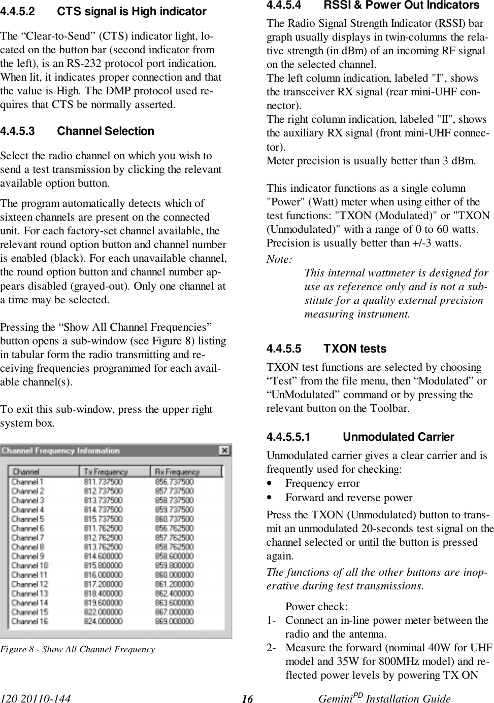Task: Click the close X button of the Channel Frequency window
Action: [224, 450]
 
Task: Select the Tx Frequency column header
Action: [106, 472]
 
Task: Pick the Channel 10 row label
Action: [29, 565]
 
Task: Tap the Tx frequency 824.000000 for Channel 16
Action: [103, 621]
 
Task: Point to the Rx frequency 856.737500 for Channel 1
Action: [174, 482]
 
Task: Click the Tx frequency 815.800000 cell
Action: [103, 565]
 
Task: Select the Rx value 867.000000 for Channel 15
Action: [174, 612]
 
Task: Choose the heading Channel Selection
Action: [106, 131]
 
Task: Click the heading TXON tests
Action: [355, 348]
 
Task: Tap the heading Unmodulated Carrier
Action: [399, 437]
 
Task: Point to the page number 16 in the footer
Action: [247, 699]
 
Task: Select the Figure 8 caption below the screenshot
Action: [78, 649]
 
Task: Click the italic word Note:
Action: [279, 259]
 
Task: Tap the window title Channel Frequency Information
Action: [60, 450]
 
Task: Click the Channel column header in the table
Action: [26, 472]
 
